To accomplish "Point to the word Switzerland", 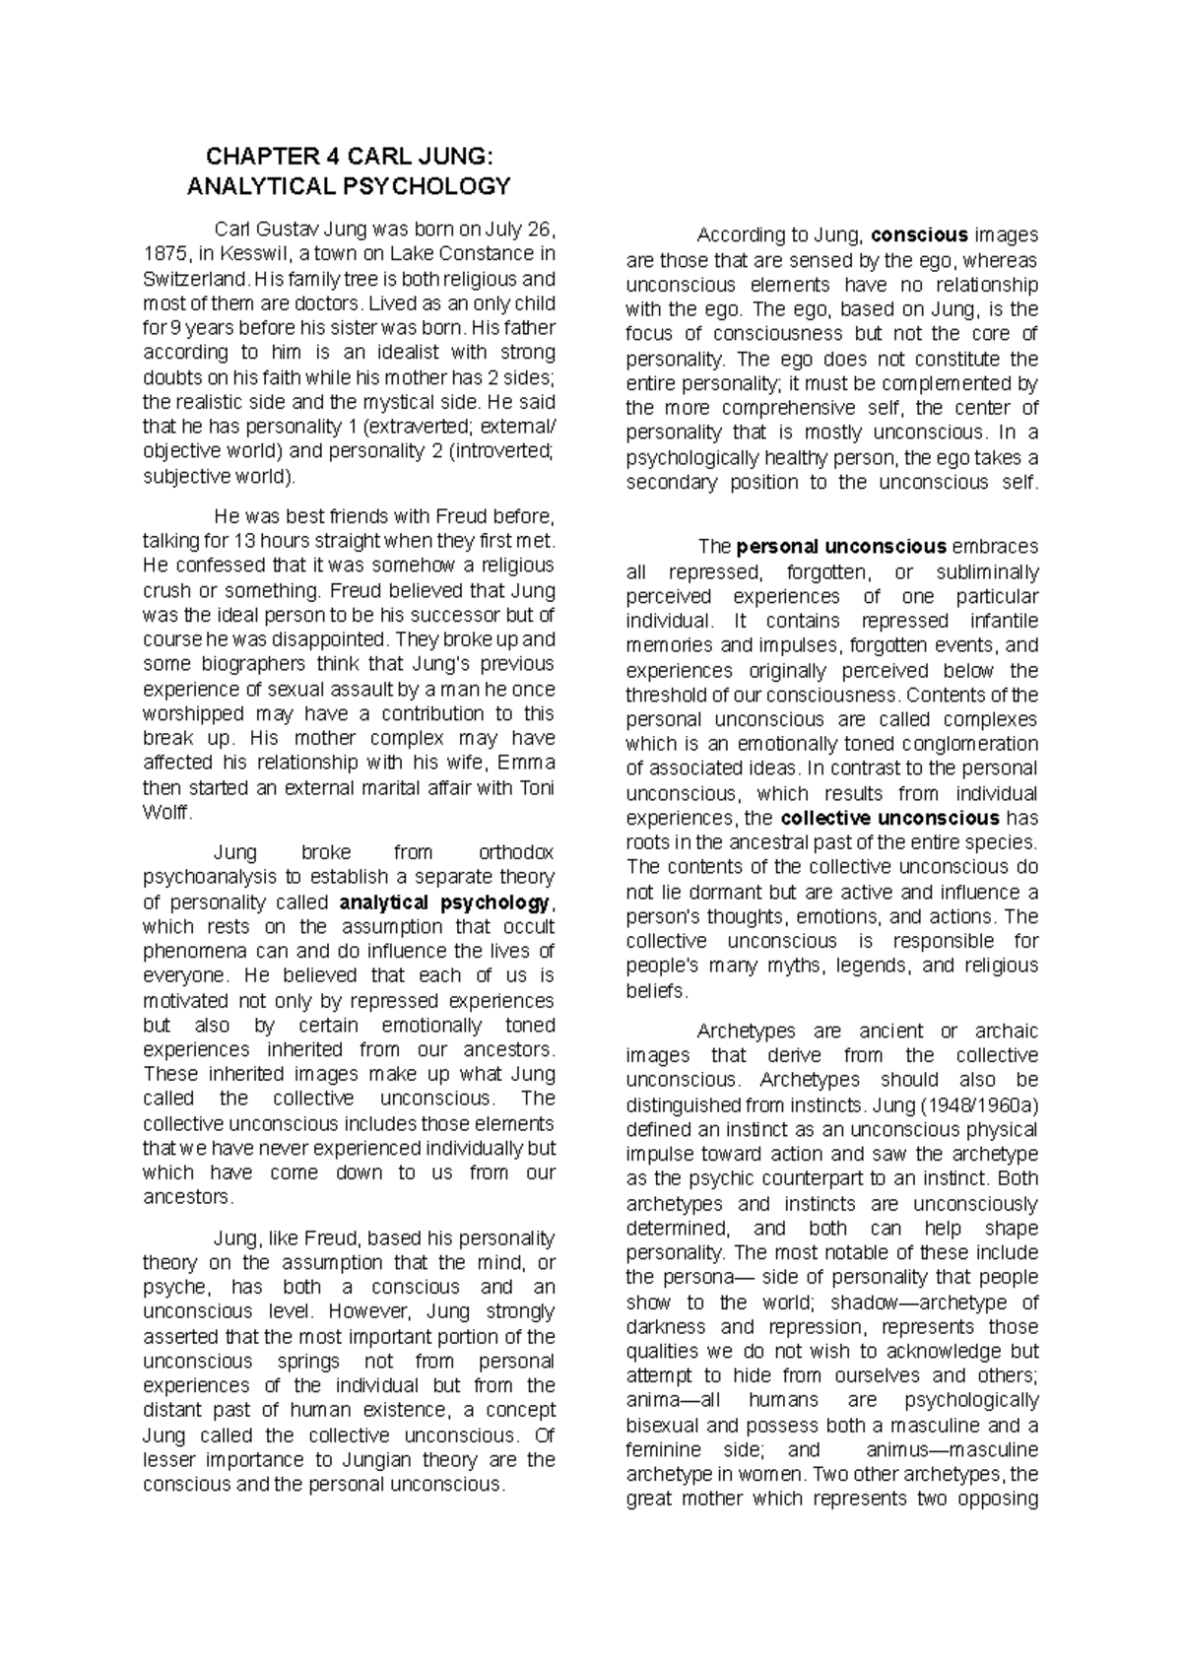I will coord(192,279).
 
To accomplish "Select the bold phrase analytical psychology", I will coord(445,902).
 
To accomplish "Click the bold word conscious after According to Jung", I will coord(919,235).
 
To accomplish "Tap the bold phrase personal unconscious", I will coord(841,547).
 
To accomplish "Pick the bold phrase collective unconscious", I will coord(889,818).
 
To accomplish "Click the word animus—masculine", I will coord(951,1450).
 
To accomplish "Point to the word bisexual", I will coord(665,1426).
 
